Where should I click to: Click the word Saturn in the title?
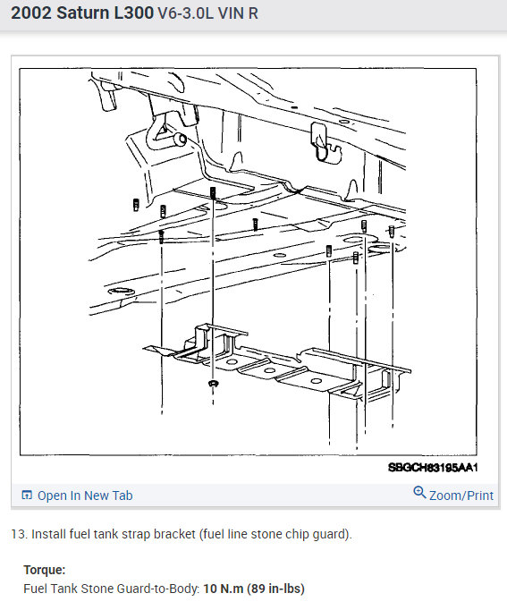[83, 13]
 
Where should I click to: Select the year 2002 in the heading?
[31, 13]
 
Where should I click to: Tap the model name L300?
[134, 13]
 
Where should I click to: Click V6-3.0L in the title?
[185, 13]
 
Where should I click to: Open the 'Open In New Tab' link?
[85, 496]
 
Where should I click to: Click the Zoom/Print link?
[461, 496]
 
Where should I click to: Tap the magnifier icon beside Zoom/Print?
[419, 493]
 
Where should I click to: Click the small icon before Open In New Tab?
[27, 495]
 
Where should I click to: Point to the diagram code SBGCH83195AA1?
[433, 467]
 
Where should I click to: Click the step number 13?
[18, 534]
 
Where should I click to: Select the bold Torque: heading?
[45, 570]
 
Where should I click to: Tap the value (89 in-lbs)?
[275, 589]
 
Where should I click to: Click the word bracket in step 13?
[174, 534]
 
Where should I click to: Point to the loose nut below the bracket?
[213, 384]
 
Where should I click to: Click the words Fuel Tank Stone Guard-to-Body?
[112, 589]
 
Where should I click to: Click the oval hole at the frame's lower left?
[121, 291]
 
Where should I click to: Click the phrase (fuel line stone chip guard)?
[275, 534]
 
